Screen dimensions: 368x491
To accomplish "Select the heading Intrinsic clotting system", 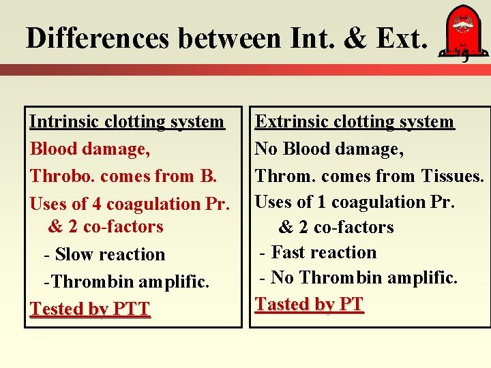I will (127, 122).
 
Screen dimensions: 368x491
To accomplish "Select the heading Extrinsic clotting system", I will (354, 122).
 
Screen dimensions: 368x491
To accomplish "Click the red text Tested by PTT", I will (89, 309).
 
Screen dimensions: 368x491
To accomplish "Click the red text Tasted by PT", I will (309, 304).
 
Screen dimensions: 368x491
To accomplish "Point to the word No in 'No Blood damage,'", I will (266, 149).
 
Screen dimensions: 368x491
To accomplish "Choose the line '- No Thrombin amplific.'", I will (358, 277).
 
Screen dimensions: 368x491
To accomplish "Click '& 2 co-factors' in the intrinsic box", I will (106, 227).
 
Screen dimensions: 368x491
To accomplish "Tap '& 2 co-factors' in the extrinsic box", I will (336, 227).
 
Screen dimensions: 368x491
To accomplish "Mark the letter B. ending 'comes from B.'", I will (208, 176).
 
